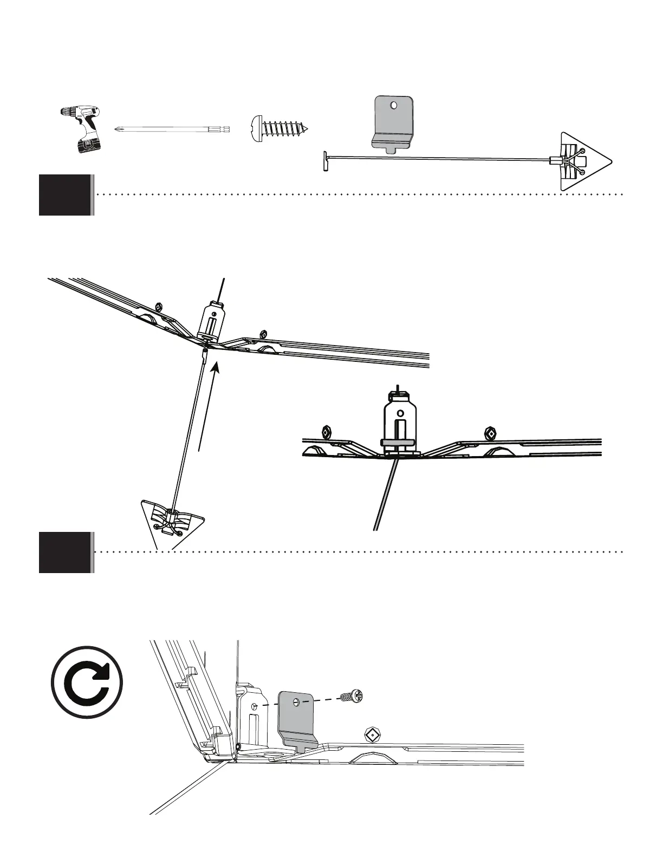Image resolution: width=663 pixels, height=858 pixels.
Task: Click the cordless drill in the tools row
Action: coord(81,129)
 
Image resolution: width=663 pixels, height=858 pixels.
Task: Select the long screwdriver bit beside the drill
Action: coord(172,129)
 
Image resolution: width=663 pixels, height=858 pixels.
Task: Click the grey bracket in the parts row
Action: coord(394,122)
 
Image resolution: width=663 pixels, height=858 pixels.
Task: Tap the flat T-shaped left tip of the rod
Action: coord(326,161)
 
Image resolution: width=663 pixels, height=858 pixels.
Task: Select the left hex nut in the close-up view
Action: coord(327,432)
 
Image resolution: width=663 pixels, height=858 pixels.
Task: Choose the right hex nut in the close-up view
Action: coord(489,433)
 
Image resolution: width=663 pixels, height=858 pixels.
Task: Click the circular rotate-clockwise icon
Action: coord(87,682)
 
